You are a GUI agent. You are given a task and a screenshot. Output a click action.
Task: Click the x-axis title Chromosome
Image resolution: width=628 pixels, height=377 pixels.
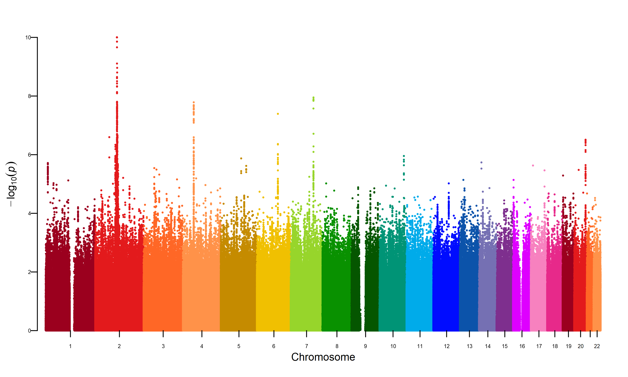[x=323, y=357]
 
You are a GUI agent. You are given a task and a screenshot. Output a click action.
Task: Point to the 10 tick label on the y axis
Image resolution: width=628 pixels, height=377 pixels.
[x=28, y=38]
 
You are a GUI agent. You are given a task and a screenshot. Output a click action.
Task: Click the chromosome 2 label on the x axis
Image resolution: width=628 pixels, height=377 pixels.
[x=119, y=346]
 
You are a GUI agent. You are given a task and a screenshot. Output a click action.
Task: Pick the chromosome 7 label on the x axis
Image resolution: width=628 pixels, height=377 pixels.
[x=306, y=346]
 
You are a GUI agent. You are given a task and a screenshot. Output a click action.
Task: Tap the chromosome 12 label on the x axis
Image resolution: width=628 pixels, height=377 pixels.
[x=447, y=346]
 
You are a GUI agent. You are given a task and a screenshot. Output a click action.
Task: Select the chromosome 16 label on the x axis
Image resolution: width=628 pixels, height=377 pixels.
[x=522, y=346]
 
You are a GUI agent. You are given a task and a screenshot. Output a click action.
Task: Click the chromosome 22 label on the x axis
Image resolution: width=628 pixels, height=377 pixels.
[x=597, y=346]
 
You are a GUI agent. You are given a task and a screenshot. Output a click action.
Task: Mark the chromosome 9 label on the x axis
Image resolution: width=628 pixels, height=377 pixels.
[x=365, y=346]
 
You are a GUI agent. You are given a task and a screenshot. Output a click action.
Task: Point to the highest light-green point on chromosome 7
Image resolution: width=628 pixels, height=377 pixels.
[x=314, y=97]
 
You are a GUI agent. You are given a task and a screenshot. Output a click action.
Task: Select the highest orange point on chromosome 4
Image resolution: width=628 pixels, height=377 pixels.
[x=194, y=102]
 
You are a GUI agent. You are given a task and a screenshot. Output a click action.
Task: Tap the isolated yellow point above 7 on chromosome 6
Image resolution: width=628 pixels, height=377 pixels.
[x=278, y=114]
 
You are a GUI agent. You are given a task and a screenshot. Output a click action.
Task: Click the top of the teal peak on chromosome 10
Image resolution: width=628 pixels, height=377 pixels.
[x=404, y=156]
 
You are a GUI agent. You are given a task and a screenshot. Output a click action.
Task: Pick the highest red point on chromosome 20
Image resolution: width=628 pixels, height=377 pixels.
[x=586, y=140]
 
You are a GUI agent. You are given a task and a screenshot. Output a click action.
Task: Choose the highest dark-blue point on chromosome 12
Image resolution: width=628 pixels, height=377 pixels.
[x=449, y=183]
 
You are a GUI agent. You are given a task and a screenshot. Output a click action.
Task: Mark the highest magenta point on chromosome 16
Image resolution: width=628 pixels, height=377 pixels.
[x=513, y=180]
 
